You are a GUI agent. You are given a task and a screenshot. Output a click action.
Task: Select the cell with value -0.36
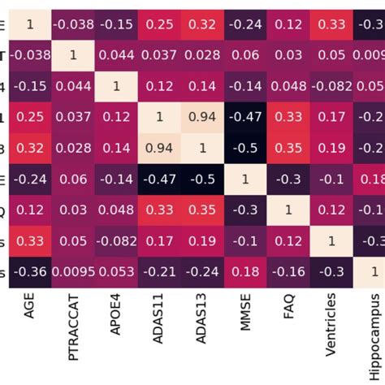[x=30, y=272]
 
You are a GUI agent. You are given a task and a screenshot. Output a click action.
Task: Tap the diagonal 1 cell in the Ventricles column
[x=331, y=241]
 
